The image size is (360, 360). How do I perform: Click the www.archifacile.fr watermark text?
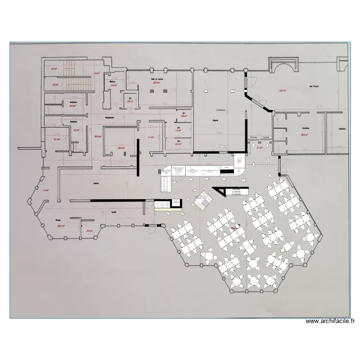[330, 322]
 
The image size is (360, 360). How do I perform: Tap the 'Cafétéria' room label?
[221, 110]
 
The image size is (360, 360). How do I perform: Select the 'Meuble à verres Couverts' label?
[237, 192]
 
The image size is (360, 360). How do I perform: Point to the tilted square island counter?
[202, 200]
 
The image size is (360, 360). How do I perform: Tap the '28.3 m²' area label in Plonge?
[61, 226]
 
